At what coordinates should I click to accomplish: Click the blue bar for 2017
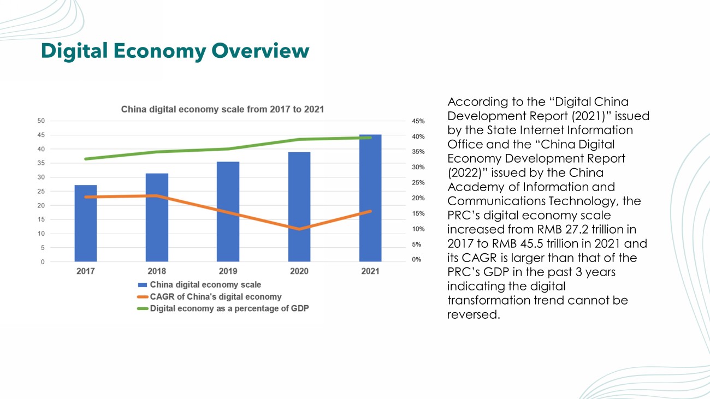coord(86,224)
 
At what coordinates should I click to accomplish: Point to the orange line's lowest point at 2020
coord(299,229)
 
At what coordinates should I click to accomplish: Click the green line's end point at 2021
coord(370,138)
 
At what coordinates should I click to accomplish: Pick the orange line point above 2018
coord(157,195)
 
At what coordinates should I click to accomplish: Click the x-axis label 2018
coord(157,271)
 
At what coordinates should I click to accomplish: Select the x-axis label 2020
coord(299,271)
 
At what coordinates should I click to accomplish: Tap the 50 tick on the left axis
coord(41,121)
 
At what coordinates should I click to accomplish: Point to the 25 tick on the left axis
coord(41,192)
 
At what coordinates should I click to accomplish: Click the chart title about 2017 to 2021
coord(222,109)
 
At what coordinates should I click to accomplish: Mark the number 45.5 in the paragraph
coord(547,243)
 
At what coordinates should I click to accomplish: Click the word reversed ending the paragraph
coord(473,314)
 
